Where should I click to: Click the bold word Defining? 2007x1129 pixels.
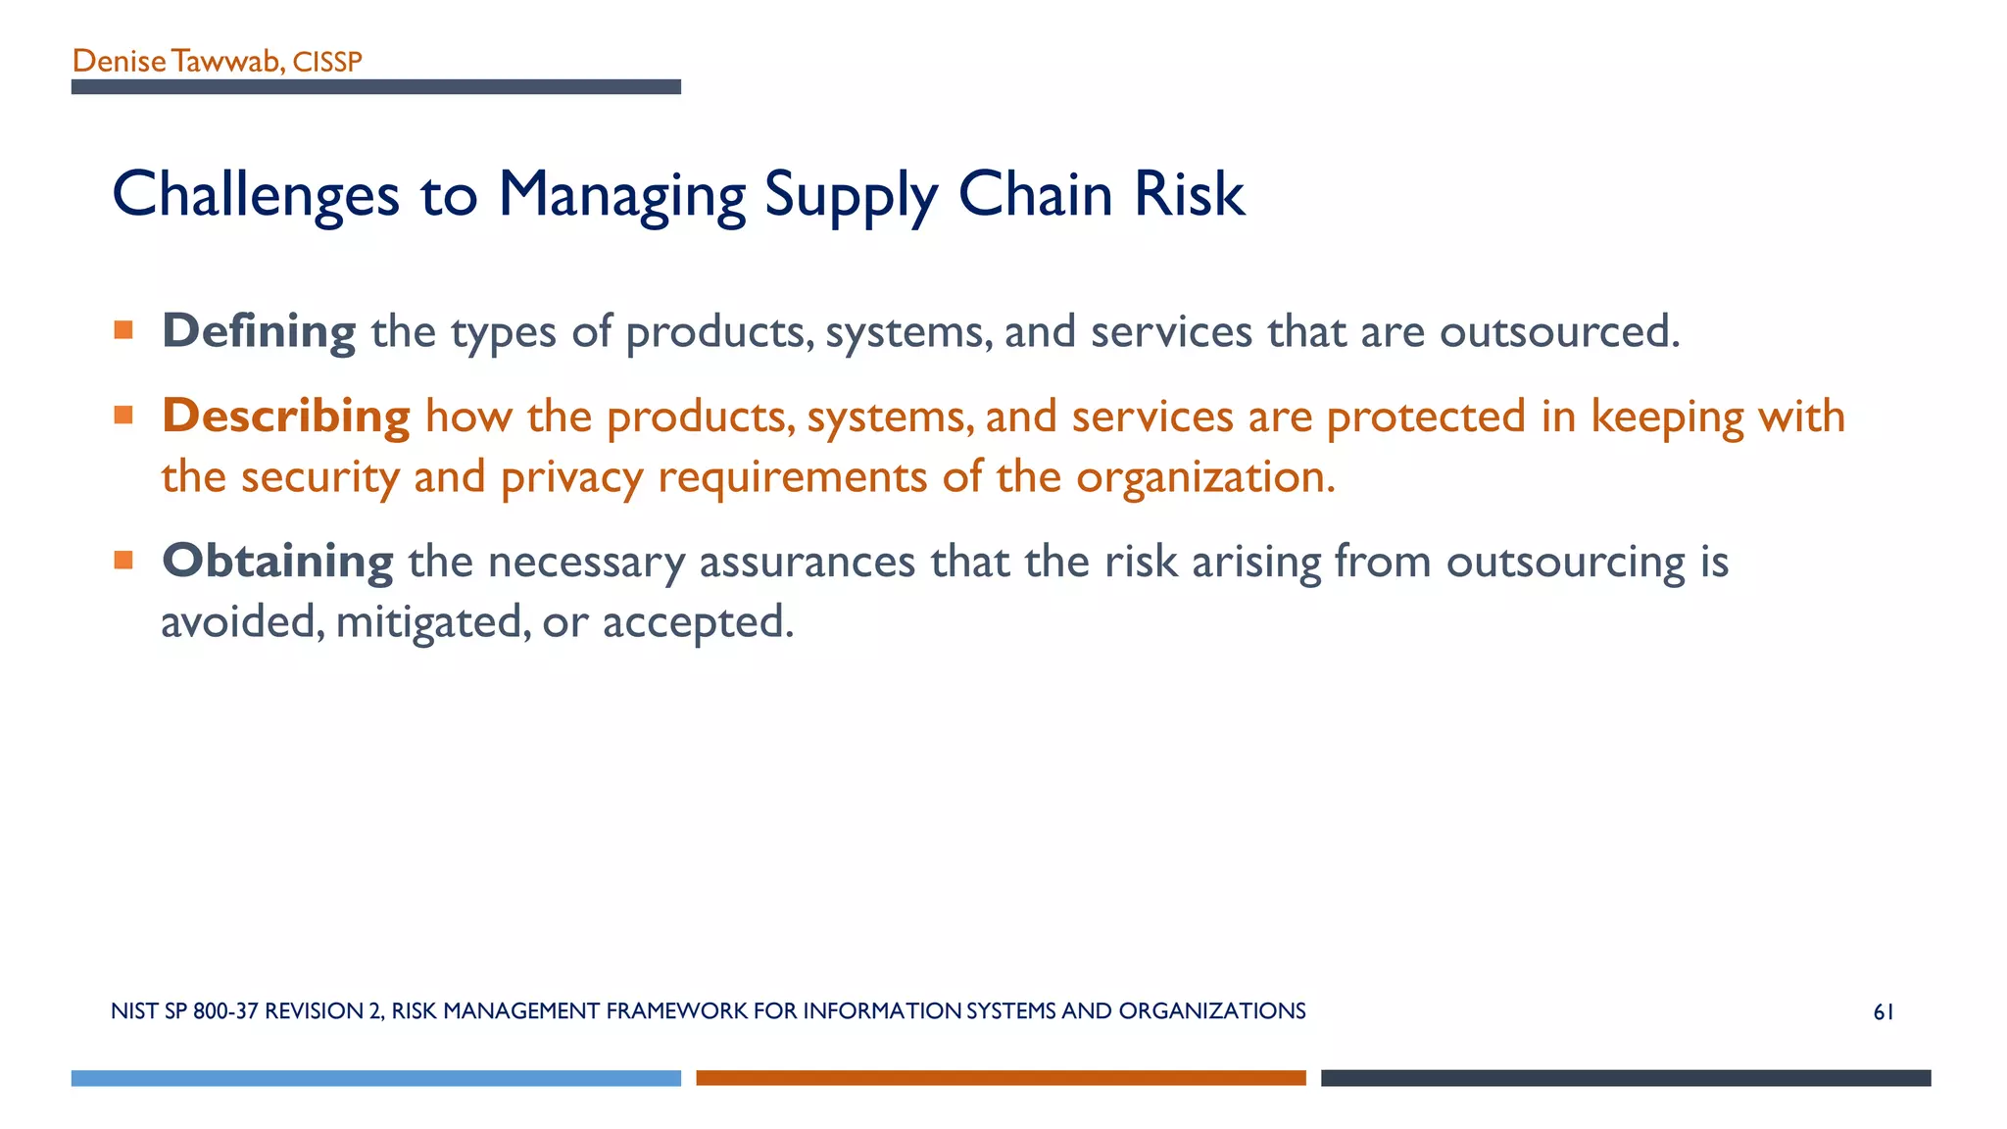(x=259, y=331)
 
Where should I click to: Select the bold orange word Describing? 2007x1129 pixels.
(x=285, y=417)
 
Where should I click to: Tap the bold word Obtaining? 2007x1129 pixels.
(x=277, y=562)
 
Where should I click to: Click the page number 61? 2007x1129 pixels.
(x=1883, y=1012)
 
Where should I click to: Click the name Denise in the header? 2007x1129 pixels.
(x=119, y=62)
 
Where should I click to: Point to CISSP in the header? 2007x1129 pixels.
(x=327, y=63)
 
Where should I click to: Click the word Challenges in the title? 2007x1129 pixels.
(x=255, y=195)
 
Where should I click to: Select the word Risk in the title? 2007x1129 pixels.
(x=1189, y=194)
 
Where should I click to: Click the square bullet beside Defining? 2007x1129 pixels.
(x=123, y=330)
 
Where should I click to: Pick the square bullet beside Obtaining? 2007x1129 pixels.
(x=123, y=561)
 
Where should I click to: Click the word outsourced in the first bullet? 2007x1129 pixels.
(x=1558, y=331)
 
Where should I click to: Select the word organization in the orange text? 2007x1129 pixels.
(x=1204, y=477)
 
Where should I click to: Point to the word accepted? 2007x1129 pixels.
(x=697, y=622)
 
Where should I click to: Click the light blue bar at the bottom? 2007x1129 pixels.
(x=375, y=1078)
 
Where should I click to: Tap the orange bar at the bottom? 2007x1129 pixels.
(x=1001, y=1078)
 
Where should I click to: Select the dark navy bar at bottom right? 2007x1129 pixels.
(x=1625, y=1078)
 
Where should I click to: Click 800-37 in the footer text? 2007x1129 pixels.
(x=225, y=1011)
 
